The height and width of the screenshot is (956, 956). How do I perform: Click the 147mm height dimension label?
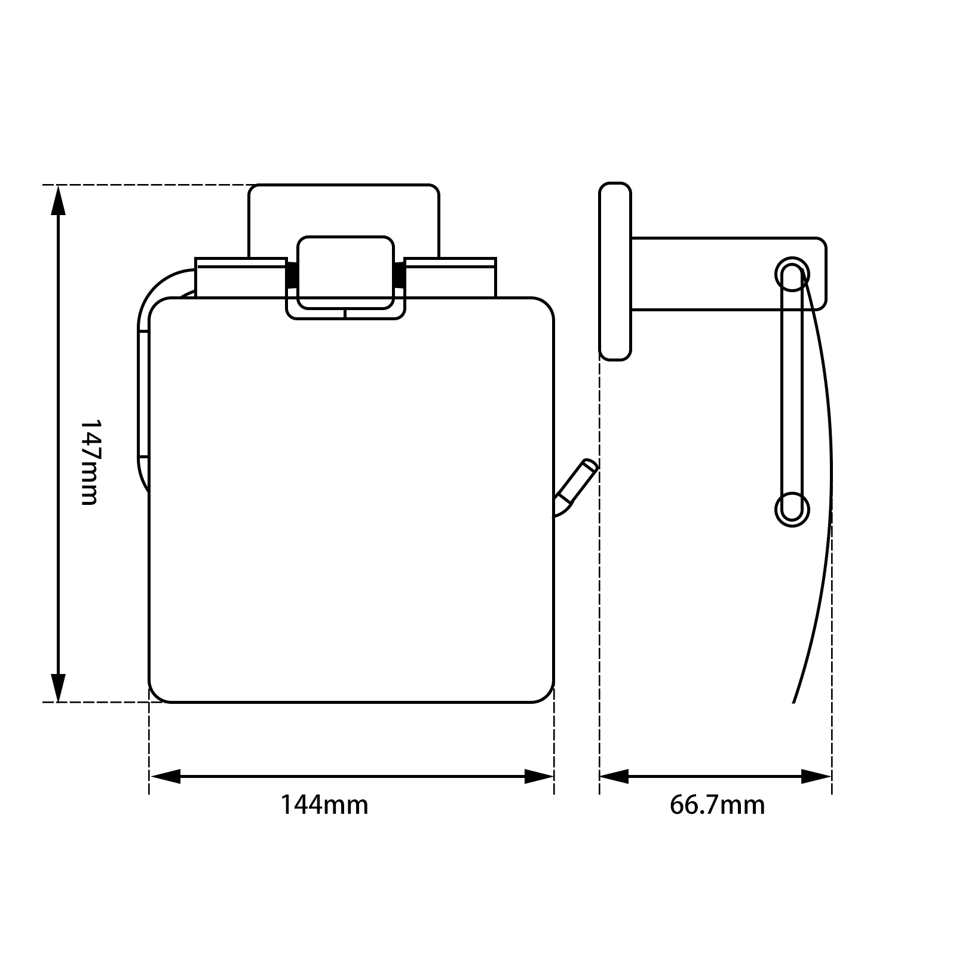point(88,461)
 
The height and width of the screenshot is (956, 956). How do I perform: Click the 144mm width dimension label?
point(324,805)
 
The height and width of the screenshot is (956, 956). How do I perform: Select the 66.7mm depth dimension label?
point(716,805)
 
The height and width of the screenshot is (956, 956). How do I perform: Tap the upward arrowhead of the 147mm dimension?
point(58,200)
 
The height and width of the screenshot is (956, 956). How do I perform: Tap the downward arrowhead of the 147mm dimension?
point(58,687)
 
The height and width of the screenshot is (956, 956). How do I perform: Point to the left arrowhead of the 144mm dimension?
point(165,777)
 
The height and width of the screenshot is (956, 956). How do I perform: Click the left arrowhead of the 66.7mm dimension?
point(614,777)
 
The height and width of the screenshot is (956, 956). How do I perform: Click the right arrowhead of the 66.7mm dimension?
point(816,777)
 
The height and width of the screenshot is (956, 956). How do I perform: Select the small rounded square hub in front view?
point(345,272)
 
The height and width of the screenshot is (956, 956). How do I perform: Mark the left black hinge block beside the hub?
point(292,275)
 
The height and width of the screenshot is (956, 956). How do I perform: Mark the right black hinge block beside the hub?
point(399,275)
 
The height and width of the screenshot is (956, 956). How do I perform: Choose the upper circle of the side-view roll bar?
point(792,274)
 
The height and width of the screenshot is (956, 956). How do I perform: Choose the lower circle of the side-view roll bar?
point(792,510)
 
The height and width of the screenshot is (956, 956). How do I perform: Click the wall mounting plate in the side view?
point(615,272)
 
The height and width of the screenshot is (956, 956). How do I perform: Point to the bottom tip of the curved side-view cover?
point(794,700)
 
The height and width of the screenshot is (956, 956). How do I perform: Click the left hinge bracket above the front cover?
point(240,278)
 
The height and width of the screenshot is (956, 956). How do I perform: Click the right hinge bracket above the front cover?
point(451,278)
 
